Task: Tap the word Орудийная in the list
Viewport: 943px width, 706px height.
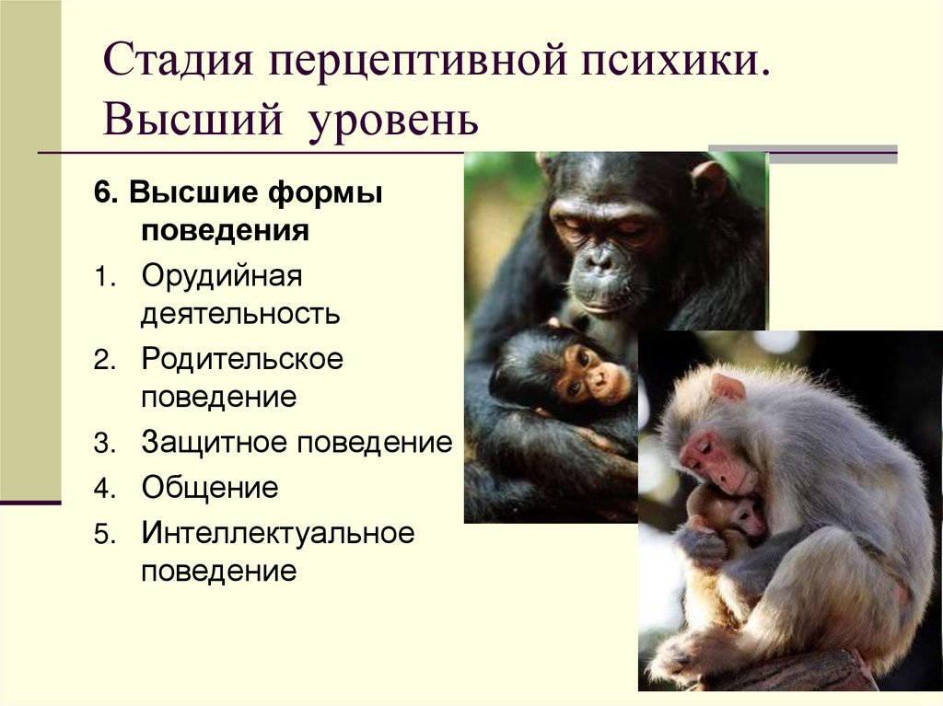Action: (x=222, y=275)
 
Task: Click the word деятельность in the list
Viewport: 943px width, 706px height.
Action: (x=240, y=314)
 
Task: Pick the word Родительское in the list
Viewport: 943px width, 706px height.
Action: (x=242, y=358)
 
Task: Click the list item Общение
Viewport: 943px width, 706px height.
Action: (x=210, y=487)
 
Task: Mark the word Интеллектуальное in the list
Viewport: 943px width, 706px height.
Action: (x=278, y=532)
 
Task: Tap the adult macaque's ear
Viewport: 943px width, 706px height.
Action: (x=728, y=388)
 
